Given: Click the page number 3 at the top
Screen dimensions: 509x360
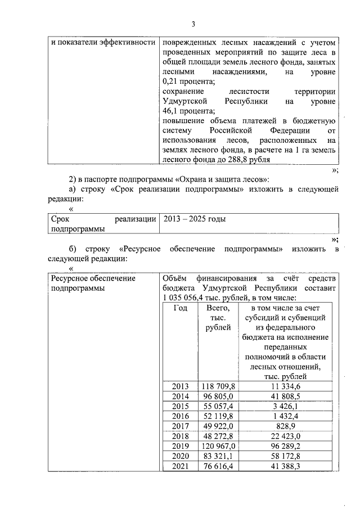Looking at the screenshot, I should point(193,24).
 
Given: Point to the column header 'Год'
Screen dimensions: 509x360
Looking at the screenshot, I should point(180,308).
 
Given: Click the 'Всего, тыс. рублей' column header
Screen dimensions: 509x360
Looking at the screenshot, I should point(218,318).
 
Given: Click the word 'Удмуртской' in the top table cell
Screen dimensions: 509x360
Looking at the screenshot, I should point(186,101).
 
